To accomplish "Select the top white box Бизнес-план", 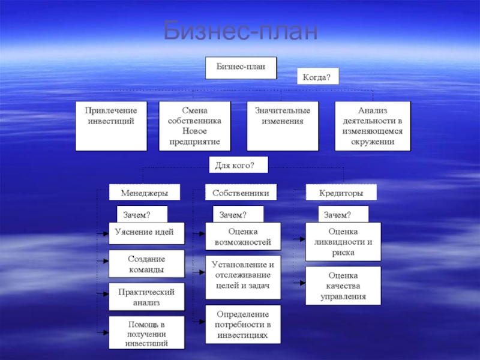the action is (x=241, y=67).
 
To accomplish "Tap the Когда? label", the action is (x=318, y=77).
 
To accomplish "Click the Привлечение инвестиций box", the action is (x=111, y=125).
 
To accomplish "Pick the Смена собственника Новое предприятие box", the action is (x=194, y=125).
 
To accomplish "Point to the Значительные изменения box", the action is (x=283, y=125).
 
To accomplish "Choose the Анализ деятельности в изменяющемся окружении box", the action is (x=373, y=125).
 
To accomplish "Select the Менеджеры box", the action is (x=144, y=193).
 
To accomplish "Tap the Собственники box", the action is (x=241, y=193).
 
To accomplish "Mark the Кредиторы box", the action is (x=341, y=193).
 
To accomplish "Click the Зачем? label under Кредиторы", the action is (x=342, y=214).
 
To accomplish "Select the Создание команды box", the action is (x=147, y=265).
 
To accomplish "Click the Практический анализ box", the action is (x=147, y=297).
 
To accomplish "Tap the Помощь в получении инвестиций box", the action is (x=147, y=333).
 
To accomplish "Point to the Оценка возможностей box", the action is (x=242, y=237).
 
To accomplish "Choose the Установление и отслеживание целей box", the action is (x=242, y=275).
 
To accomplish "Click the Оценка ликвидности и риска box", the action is (x=343, y=241).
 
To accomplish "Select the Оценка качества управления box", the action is (x=343, y=285).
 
